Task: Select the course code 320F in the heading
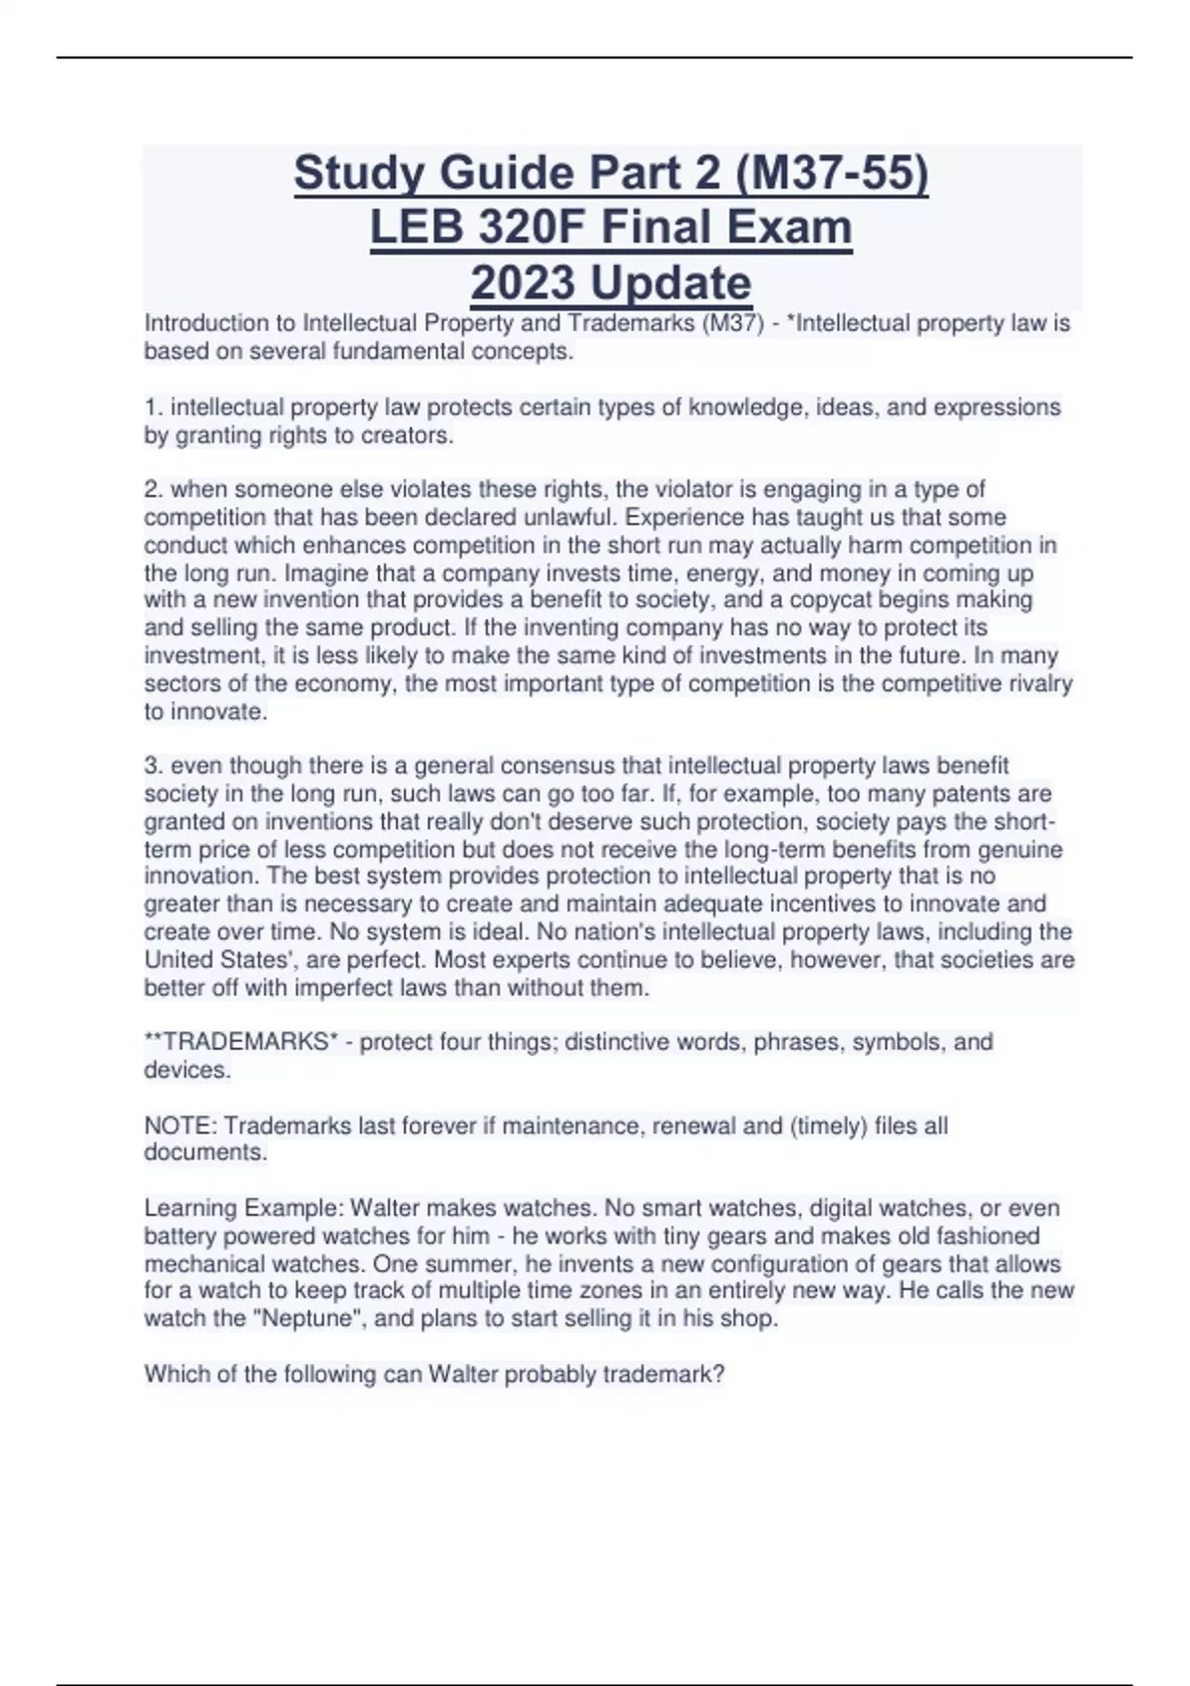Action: coord(531,227)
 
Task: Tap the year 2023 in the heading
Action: coord(524,283)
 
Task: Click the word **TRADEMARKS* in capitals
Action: coord(241,1042)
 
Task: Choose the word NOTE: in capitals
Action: coord(180,1126)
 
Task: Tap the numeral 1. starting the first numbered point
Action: coord(154,408)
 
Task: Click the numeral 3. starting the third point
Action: coord(154,766)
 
